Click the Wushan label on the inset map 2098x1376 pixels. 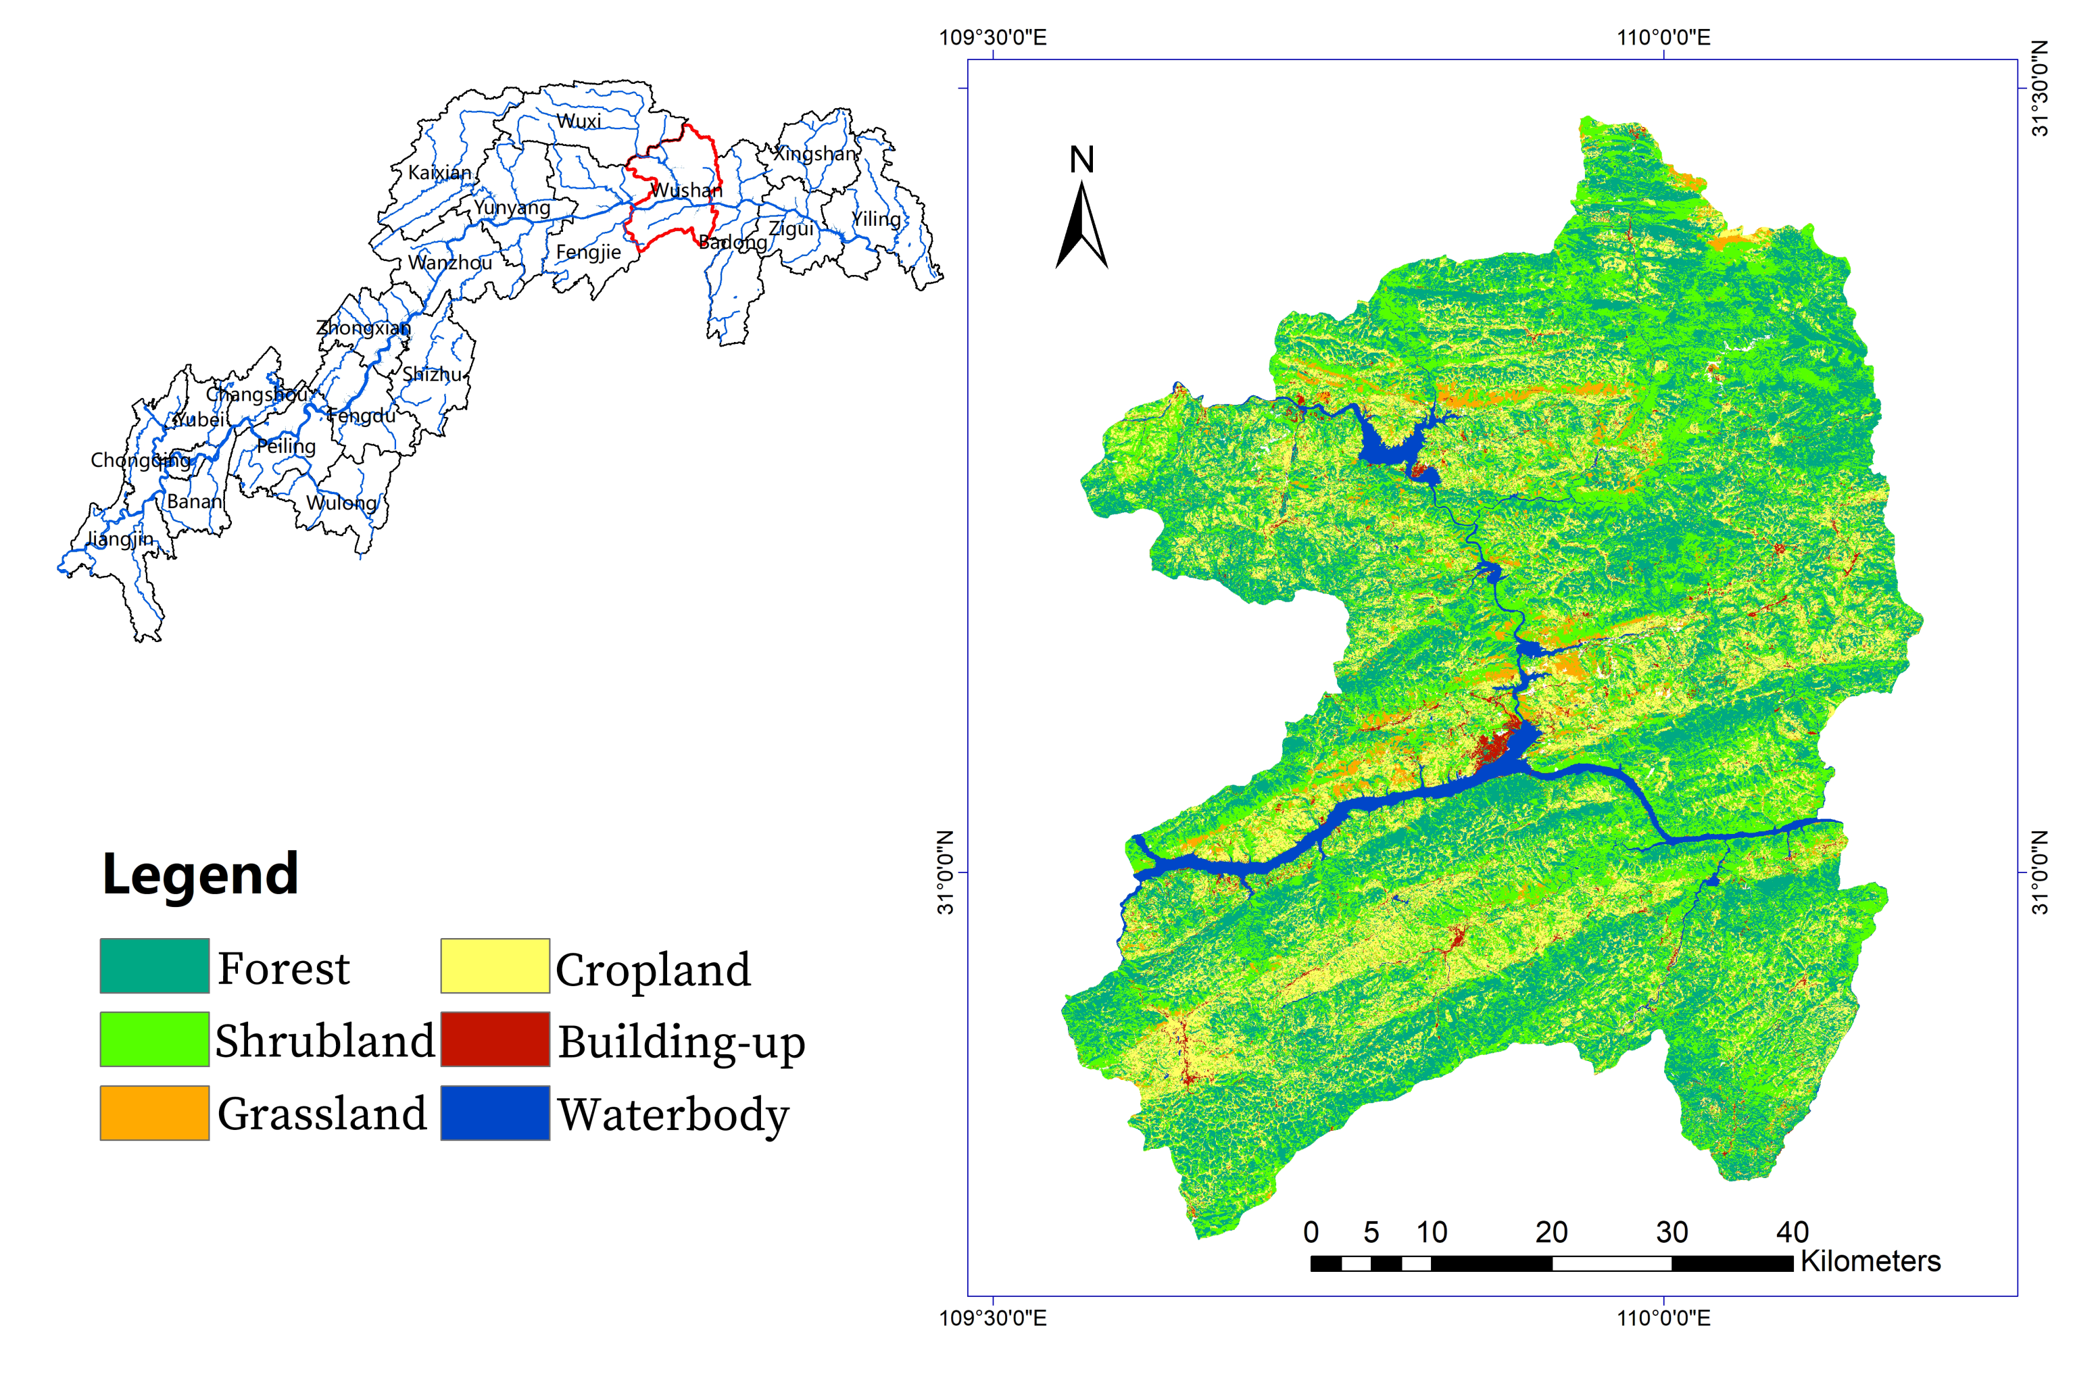coord(686,191)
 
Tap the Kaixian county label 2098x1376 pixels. coord(439,173)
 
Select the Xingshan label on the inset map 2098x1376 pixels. coord(814,153)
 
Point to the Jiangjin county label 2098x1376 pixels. coord(121,539)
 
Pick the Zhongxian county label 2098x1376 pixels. coord(363,328)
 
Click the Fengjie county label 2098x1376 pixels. coord(588,252)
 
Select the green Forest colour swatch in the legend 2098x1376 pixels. coord(154,966)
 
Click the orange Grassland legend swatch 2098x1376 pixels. coord(154,1112)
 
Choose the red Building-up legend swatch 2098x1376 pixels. coord(495,1039)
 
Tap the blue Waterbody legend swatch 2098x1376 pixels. coord(495,1112)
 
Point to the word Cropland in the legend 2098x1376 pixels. coord(652,970)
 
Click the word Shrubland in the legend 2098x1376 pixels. coord(324,1041)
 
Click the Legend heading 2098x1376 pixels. coord(200,875)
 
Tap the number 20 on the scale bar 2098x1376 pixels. coord(1551,1231)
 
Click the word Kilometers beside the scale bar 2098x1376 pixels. coord(1870,1261)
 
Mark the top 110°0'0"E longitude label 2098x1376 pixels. coord(1663,37)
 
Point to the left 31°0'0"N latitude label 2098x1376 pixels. coord(945,873)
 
